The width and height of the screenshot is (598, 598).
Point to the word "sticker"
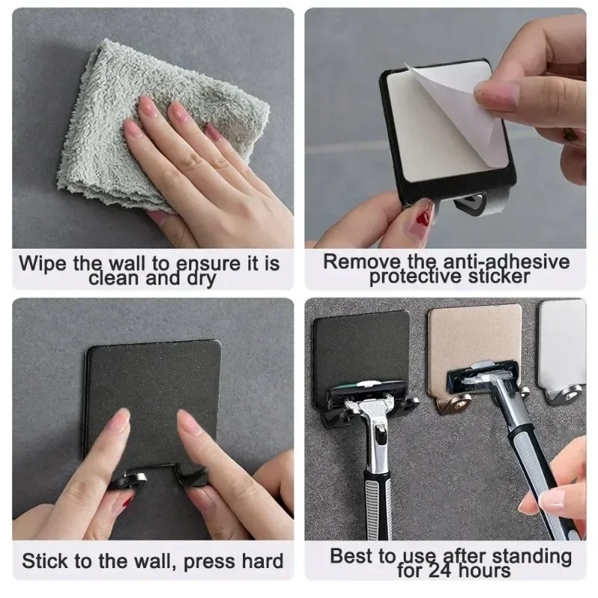point(496,277)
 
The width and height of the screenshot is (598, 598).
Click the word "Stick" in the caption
point(46,561)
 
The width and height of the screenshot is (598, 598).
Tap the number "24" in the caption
point(443,571)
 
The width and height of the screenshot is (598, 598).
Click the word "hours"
point(485,571)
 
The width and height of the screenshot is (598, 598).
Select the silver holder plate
point(562,336)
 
